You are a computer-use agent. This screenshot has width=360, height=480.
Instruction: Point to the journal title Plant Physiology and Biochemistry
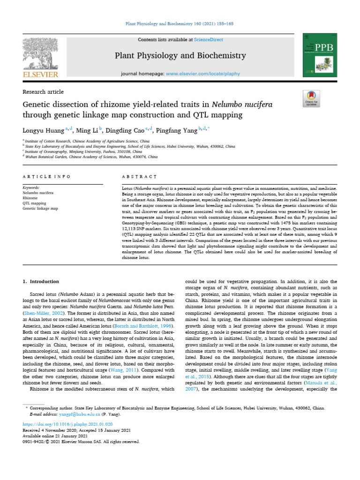(180, 56)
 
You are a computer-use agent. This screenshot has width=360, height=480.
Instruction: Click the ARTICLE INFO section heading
(46, 176)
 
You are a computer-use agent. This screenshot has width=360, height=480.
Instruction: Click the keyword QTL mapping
(34, 203)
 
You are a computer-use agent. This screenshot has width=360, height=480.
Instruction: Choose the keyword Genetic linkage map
(40, 209)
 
